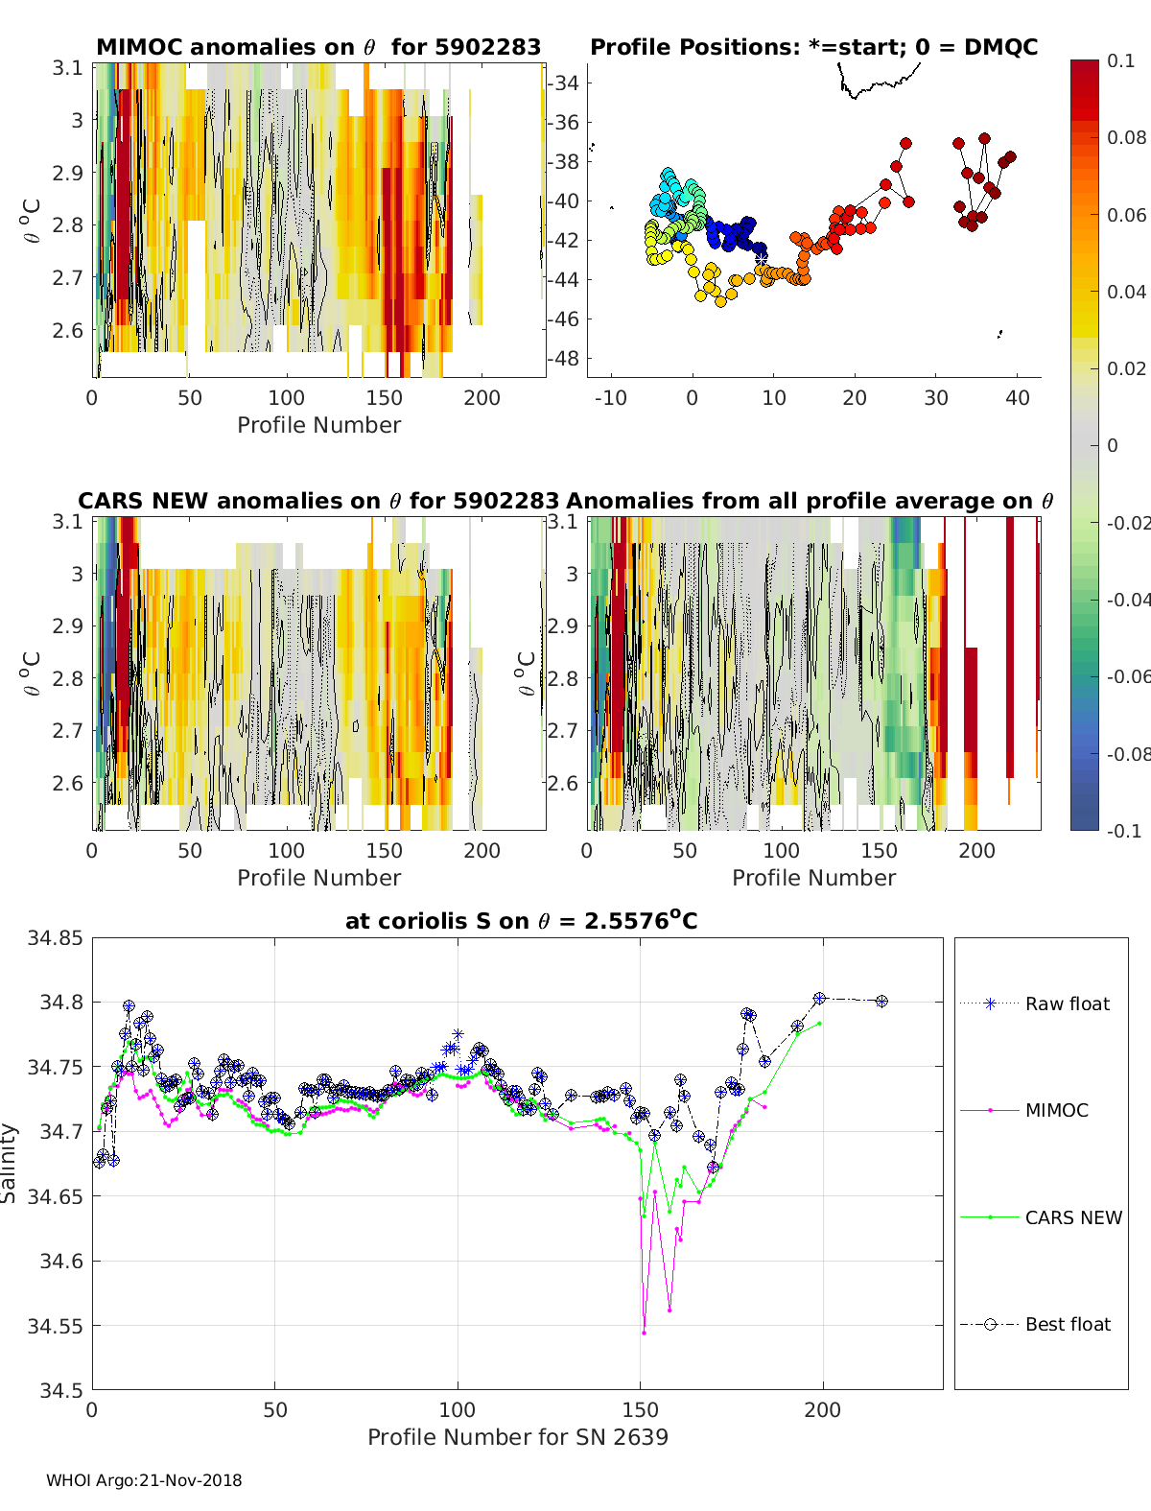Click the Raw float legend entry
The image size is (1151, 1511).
point(1067,1003)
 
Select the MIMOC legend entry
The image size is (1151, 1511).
point(1056,1110)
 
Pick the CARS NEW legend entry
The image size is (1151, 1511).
point(1073,1217)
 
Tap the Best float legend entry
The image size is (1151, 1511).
point(1068,1324)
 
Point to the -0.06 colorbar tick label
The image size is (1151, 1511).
point(1129,676)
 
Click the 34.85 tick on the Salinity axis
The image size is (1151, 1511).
point(55,937)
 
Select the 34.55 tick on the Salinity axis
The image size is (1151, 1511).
point(55,1326)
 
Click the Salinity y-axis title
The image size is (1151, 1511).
point(10,1163)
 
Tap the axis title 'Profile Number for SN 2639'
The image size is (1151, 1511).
point(517,1436)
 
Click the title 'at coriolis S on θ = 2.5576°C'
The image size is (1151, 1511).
point(521,921)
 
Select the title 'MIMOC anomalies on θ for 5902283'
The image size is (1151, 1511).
point(318,47)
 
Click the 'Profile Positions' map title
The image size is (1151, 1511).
point(813,47)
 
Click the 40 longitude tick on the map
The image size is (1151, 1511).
point(1018,397)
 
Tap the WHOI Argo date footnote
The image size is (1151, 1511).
point(144,1480)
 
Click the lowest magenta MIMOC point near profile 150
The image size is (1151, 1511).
point(644,1333)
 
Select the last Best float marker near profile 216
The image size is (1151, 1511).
point(881,1001)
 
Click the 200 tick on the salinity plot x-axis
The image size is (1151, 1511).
point(822,1409)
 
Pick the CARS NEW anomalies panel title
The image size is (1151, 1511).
point(318,501)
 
